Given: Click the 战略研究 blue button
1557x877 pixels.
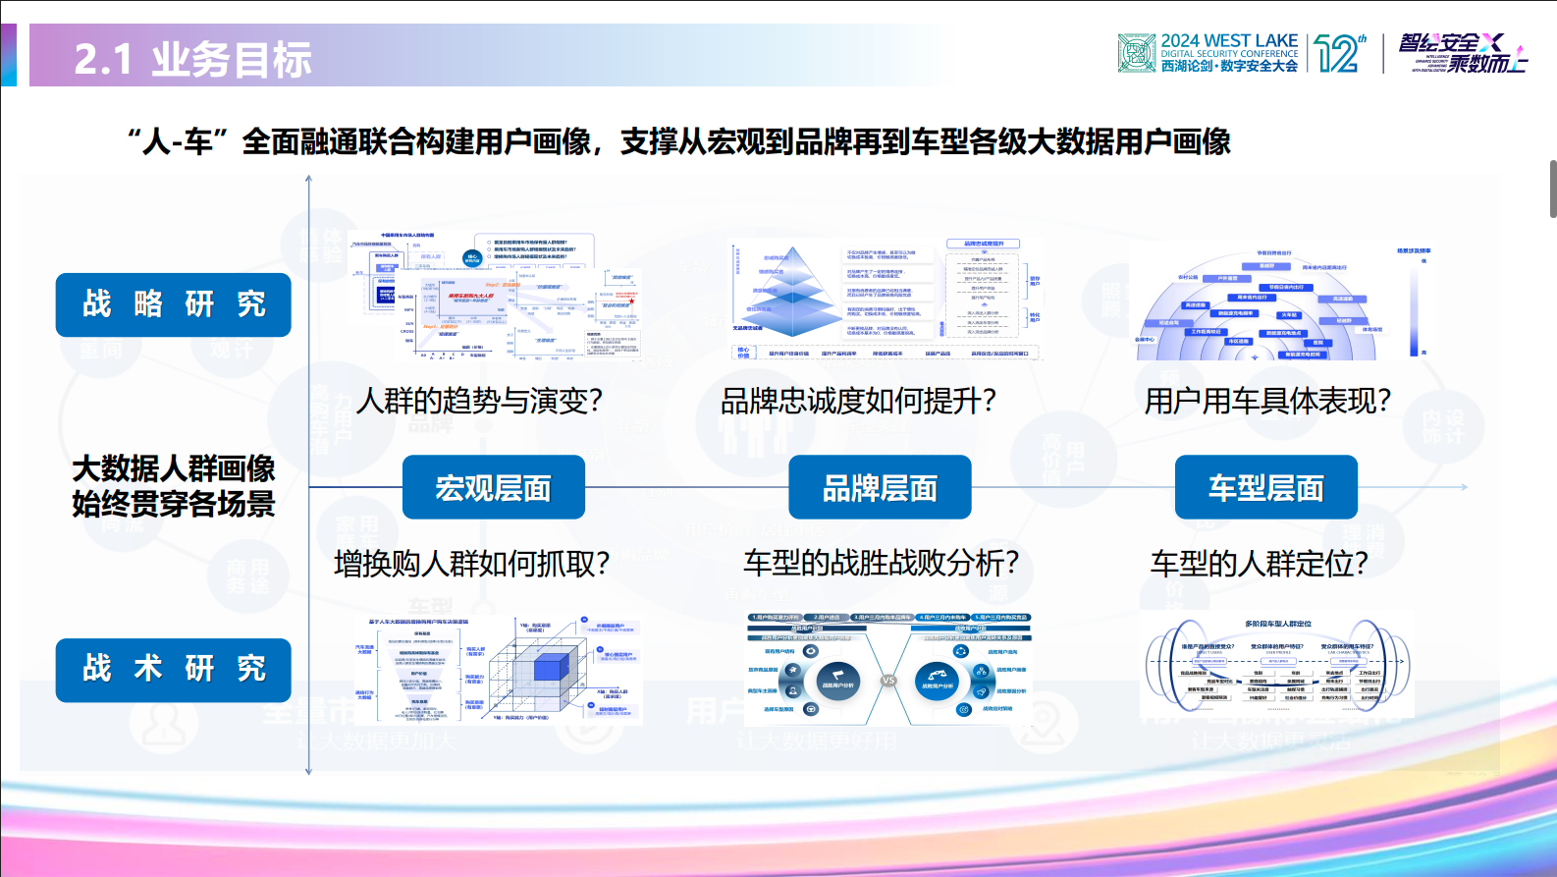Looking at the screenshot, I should pyautogui.click(x=173, y=304).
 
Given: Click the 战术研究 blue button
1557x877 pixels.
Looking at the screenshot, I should pyautogui.click(x=173, y=670).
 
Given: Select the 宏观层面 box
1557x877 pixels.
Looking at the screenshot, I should pyautogui.click(x=493, y=487).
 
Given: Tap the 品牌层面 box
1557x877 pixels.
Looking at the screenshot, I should pyautogui.click(x=880, y=487).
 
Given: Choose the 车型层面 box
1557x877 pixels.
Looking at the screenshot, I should pyautogui.click(x=1265, y=487).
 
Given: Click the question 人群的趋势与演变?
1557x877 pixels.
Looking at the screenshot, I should pyautogui.click(x=479, y=401).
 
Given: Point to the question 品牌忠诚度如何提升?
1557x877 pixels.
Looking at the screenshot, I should pyautogui.click(x=859, y=401).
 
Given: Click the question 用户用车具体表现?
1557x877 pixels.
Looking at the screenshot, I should pyautogui.click(x=1267, y=401).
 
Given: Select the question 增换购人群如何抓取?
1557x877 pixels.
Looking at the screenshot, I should pyautogui.click(x=472, y=564).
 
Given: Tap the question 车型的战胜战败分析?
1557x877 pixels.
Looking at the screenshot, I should pyautogui.click(x=881, y=563).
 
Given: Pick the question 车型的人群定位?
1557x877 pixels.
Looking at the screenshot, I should pyautogui.click(x=1259, y=564).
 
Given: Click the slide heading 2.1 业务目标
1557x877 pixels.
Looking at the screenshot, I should pyautogui.click(x=193, y=60).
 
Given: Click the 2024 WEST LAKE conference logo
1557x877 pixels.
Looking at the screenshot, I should pyautogui.click(x=1208, y=53).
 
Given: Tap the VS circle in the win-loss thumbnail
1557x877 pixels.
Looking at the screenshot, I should pyautogui.click(x=888, y=680).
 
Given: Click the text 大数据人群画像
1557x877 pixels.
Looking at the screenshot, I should pyautogui.click(x=174, y=468).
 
